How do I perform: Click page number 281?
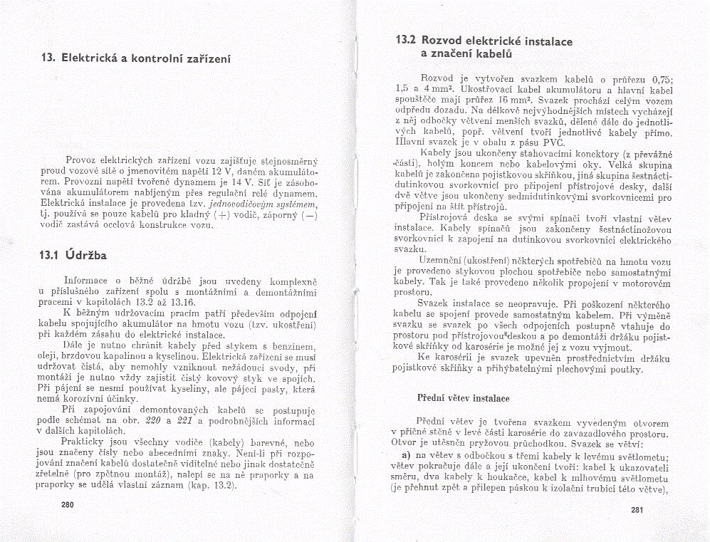[637, 509]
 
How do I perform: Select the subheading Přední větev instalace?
[463, 397]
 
